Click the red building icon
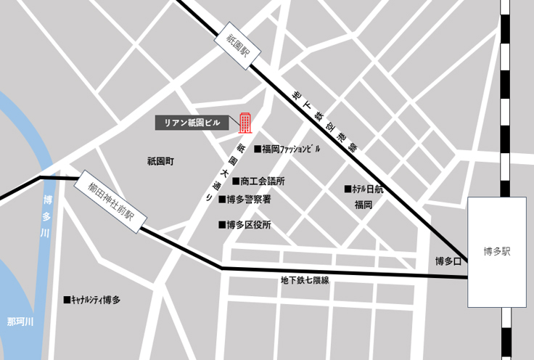click(x=245, y=123)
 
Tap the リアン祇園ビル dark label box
click(x=192, y=123)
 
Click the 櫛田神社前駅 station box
click(x=111, y=202)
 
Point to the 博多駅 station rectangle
click(x=497, y=252)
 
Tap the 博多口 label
click(x=448, y=261)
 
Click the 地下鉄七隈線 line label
click(x=305, y=280)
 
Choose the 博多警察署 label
click(x=249, y=199)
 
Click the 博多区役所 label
click(x=249, y=225)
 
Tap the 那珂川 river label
click(x=20, y=321)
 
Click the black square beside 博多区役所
click(x=222, y=225)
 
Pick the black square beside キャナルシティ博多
click(x=67, y=299)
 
